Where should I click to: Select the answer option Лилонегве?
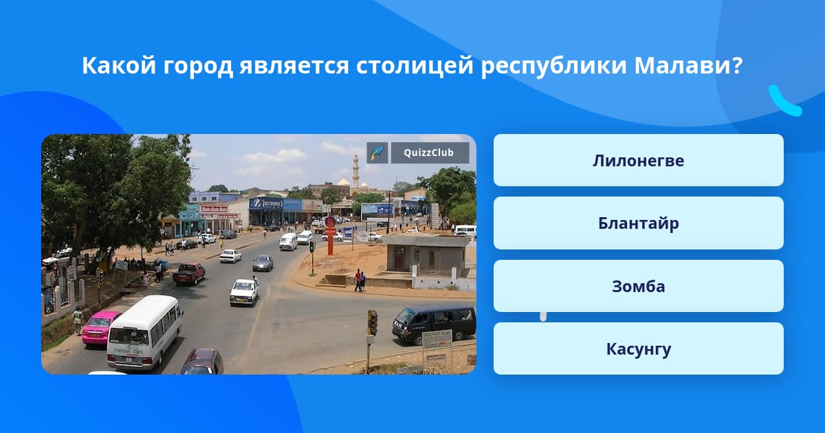click(x=638, y=160)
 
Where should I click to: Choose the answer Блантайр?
click(x=638, y=223)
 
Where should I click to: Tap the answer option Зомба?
click(x=638, y=286)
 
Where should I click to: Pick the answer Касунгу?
click(x=638, y=348)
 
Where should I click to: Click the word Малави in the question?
click(x=688, y=65)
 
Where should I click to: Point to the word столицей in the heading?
click(x=415, y=66)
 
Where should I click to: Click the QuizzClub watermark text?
click(x=429, y=153)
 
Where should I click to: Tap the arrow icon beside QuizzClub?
click(x=377, y=153)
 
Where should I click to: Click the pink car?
click(x=100, y=328)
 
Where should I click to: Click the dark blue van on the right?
click(x=434, y=324)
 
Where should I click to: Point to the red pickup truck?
click(x=189, y=274)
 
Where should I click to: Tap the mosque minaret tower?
click(x=355, y=172)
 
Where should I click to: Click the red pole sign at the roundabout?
click(x=330, y=236)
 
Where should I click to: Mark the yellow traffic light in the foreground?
click(x=373, y=323)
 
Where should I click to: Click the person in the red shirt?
click(x=357, y=280)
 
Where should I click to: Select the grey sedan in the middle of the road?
click(x=263, y=263)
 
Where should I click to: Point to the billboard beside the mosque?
click(x=377, y=212)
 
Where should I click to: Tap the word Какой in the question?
click(x=118, y=65)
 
